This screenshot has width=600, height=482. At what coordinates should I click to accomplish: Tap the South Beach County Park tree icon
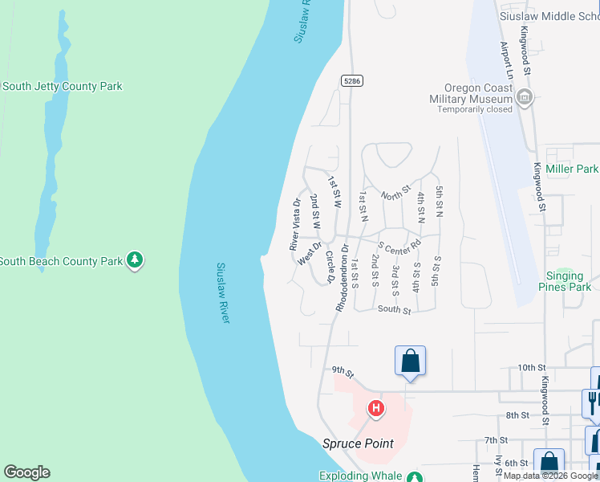tap(136, 260)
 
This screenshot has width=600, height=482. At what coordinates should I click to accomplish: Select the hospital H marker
tap(375, 409)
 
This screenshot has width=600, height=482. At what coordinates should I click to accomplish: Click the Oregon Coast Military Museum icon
tap(525, 98)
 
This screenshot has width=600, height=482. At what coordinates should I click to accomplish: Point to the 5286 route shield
tap(351, 80)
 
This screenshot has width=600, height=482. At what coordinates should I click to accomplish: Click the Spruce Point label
tap(358, 443)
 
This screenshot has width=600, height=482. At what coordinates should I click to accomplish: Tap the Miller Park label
tap(572, 169)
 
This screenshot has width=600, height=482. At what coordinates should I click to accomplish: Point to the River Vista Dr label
tap(295, 223)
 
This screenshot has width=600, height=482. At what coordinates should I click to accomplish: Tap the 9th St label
tap(343, 370)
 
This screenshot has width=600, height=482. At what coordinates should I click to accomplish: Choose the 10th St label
tap(531, 367)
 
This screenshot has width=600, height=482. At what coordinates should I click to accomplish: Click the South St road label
tap(394, 309)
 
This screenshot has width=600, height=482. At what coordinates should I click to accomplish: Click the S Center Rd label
tap(399, 245)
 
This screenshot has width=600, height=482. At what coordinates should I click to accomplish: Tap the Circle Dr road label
tap(330, 268)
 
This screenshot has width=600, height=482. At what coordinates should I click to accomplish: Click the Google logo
tap(26, 472)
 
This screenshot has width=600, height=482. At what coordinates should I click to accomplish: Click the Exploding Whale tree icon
tap(413, 477)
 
